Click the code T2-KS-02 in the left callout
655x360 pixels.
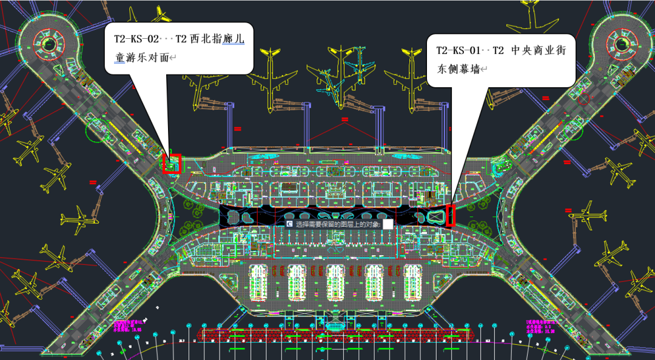[x=136, y=39]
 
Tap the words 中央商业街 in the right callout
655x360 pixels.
[x=537, y=50]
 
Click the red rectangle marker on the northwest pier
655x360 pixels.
[x=172, y=163]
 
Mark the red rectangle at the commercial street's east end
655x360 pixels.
[x=451, y=215]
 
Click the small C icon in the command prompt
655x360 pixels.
[x=289, y=223]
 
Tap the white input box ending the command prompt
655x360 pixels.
[x=388, y=223]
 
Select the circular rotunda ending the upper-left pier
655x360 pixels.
[x=47, y=42]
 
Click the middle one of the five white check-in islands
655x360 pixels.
[x=335, y=282]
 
